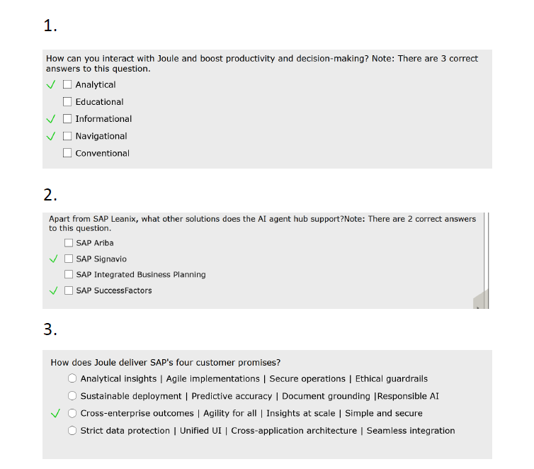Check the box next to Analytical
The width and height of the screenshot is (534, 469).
pyautogui.click(x=67, y=85)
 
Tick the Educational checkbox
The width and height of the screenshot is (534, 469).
pyautogui.click(x=67, y=102)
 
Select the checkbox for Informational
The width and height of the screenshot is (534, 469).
pyautogui.click(x=67, y=119)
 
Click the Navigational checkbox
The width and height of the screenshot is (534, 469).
pyautogui.click(x=67, y=136)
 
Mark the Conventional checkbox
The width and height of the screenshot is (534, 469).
pyautogui.click(x=67, y=153)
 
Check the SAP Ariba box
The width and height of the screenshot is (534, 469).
pyautogui.click(x=69, y=243)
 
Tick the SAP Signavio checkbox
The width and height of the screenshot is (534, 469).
pyautogui.click(x=69, y=259)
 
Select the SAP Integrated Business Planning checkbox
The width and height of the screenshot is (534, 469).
pyautogui.click(x=69, y=275)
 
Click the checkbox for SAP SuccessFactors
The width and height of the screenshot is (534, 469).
pyautogui.click(x=69, y=290)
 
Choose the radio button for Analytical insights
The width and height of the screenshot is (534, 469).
pyautogui.click(x=72, y=379)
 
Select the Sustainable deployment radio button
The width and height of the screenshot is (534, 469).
pyautogui.click(x=72, y=396)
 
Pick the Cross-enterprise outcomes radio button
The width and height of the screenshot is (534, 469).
pyautogui.click(x=72, y=413)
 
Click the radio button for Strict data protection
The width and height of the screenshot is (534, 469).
pyautogui.click(x=72, y=431)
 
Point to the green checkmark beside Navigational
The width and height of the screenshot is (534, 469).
pyautogui.click(x=50, y=136)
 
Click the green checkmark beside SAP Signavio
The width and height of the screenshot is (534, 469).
pyautogui.click(x=52, y=259)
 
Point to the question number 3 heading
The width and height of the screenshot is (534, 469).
pyautogui.click(x=50, y=329)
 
